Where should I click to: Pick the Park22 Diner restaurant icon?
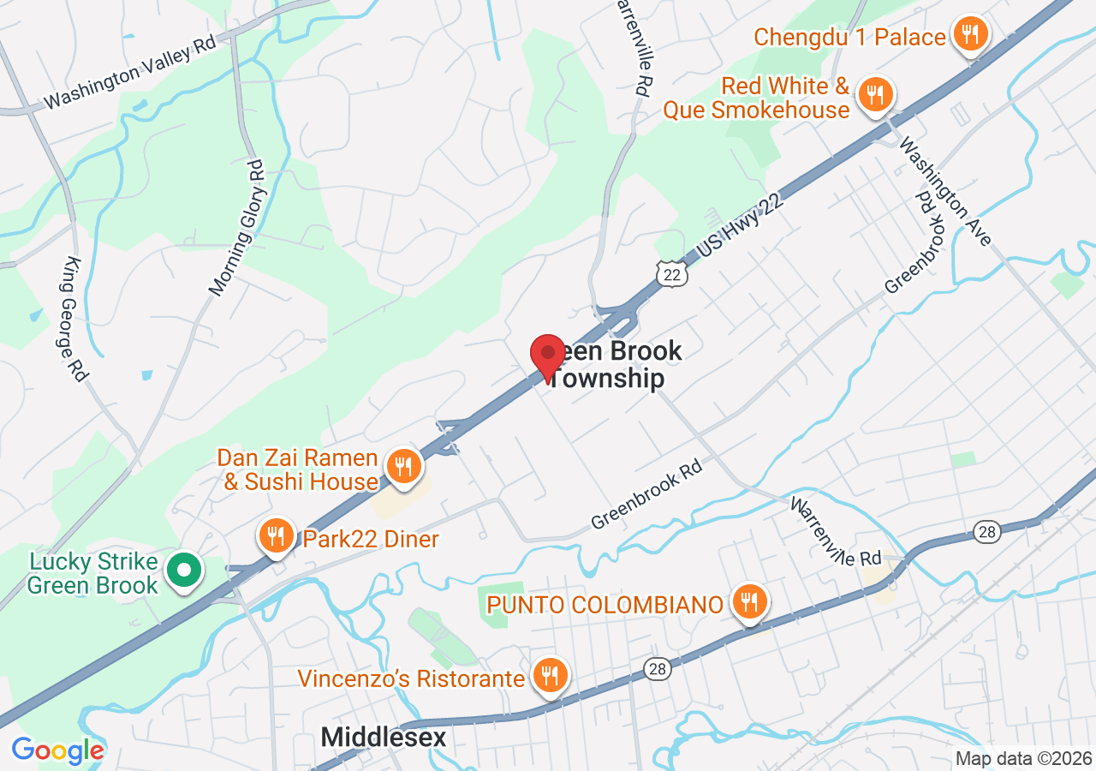(276, 537)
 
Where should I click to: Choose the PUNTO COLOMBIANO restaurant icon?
(749, 603)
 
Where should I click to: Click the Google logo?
(57, 750)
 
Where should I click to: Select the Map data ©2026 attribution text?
(1023, 758)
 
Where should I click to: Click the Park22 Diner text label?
(370, 539)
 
